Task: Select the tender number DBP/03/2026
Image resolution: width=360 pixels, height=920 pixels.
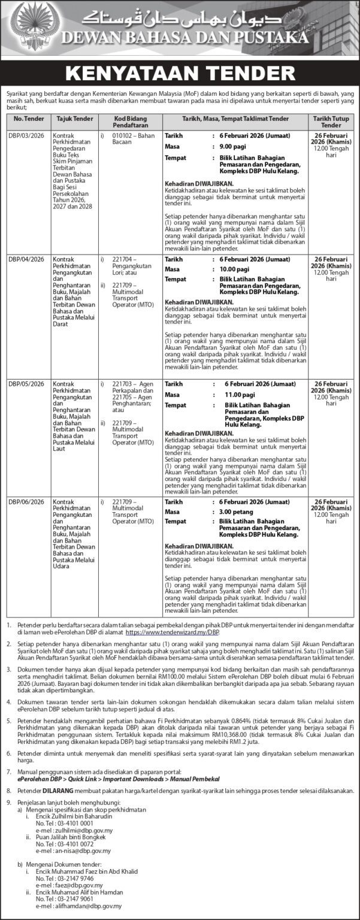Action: point(26,136)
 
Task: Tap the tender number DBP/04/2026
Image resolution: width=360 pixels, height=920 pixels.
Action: point(26,259)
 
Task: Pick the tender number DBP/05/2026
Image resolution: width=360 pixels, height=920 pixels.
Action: point(26,384)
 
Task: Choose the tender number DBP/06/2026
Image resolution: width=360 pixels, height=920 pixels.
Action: point(26,501)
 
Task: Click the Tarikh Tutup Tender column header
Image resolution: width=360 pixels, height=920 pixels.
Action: point(331,123)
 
